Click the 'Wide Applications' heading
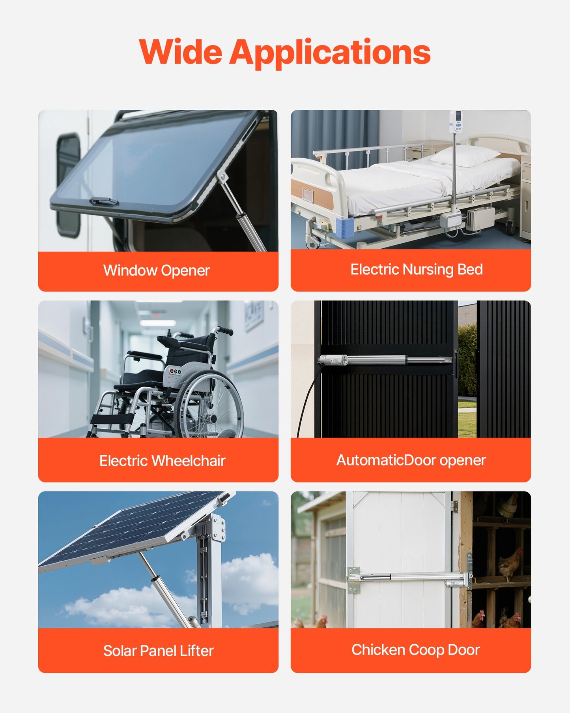tap(284, 52)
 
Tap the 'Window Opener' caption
tap(157, 271)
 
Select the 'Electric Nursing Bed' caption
tap(417, 270)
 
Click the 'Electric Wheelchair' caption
tap(162, 461)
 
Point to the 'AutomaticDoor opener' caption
tap(411, 460)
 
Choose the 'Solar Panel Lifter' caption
tap(158, 651)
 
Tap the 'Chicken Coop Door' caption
tap(415, 650)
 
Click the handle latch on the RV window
tap(104, 202)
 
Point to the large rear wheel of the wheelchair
tap(209, 407)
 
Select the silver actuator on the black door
tap(385, 360)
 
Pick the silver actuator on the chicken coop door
tap(410, 578)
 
